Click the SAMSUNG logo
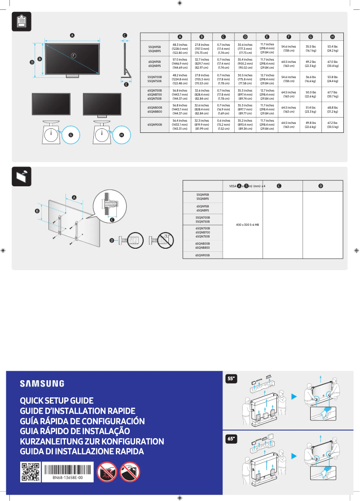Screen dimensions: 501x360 pyautogui.click(x=42, y=383)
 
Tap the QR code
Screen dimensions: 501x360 pyautogui.click(x=31, y=472)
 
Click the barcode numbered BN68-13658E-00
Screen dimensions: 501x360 pyautogui.click(x=67, y=470)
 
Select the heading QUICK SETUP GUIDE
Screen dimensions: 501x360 pyautogui.click(x=57, y=400)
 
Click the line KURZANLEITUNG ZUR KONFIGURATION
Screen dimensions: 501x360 pyautogui.click(x=92, y=441)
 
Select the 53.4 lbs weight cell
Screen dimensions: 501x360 pyautogui.click(x=332, y=48)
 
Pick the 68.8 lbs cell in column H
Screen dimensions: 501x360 pyautogui.click(x=332, y=110)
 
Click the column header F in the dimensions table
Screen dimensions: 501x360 pyautogui.click(x=289, y=36)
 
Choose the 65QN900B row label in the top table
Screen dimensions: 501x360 pyautogui.click(x=155, y=125)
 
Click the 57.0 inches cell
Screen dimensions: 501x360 pyautogui.click(x=180, y=64)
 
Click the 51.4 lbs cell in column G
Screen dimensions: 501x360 pyautogui.click(x=310, y=110)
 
